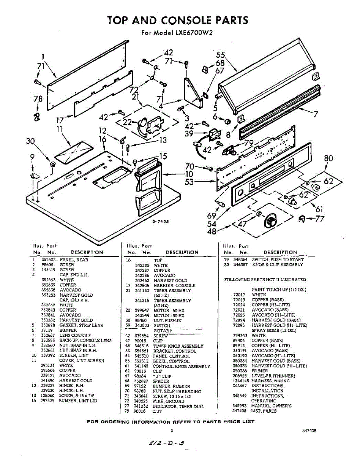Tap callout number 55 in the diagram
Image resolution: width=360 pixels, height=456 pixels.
221,55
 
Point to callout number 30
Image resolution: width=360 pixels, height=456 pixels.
31,141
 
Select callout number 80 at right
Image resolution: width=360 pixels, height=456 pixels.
329,158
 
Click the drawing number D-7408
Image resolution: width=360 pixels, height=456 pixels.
161,222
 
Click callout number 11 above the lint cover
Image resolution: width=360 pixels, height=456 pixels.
59,129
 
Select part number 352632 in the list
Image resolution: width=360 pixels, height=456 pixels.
48,260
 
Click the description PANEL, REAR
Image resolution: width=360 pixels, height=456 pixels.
74,260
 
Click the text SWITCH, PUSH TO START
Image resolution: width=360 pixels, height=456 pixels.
278,260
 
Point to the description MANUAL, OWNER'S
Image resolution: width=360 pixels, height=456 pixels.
272,406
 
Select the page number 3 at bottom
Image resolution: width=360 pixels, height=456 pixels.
172,431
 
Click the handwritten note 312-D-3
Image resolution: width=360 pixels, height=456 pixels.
167,443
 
